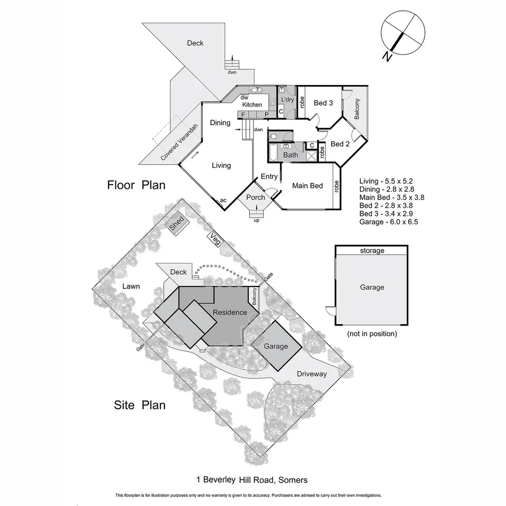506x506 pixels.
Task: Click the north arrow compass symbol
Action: pyautogui.click(x=402, y=36)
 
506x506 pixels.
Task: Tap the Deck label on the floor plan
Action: pyautogui.click(x=195, y=43)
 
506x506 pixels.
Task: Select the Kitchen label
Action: pyautogui.click(x=252, y=104)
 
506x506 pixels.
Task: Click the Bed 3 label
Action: pyautogui.click(x=323, y=103)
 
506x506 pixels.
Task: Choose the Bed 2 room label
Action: pyautogui.click(x=340, y=144)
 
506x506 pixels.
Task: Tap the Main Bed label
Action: pyautogui.click(x=307, y=186)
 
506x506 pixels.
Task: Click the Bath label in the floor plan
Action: pyautogui.click(x=291, y=155)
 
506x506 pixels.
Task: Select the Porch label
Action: pyautogui.click(x=255, y=197)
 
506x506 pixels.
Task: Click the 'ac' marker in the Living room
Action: pyautogui.click(x=223, y=201)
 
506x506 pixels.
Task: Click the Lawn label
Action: pyautogui.click(x=131, y=286)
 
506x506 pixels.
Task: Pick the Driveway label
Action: pyautogui.click(x=312, y=374)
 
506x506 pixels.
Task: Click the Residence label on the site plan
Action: pyautogui.click(x=230, y=313)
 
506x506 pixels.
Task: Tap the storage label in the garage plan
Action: pyautogui.click(x=372, y=251)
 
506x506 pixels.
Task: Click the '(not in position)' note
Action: pyautogui.click(x=372, y=334)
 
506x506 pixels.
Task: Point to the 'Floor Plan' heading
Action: pyautogui.click(x=136, y=185)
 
